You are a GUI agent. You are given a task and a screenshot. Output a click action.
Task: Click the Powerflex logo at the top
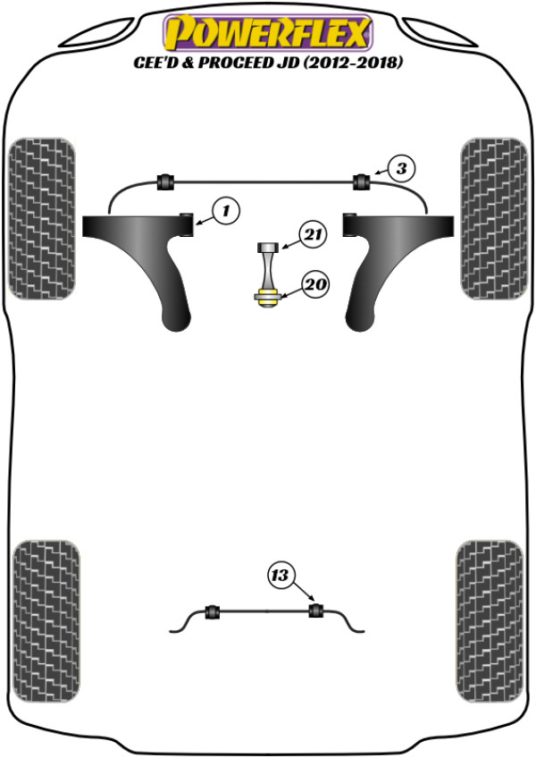click(268, 33)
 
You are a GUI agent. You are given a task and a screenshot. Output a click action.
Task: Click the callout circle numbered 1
click(226, 211)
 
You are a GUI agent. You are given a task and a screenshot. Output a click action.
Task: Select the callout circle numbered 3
click(401, 169)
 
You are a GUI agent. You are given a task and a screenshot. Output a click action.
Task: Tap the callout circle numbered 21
click(314, 234)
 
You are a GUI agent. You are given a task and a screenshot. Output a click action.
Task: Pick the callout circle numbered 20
click(315, 284)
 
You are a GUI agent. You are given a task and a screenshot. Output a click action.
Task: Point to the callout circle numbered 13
click(281, 576)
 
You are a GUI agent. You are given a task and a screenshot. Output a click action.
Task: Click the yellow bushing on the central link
click(267, 297)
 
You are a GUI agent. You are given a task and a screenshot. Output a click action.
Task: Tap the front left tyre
click(42, 218)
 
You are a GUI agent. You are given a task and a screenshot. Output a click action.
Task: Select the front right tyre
click(494, 218)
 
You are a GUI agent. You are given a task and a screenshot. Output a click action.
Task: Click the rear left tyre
click(46, 621)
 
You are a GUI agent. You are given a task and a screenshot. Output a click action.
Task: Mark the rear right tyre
click(490, 621)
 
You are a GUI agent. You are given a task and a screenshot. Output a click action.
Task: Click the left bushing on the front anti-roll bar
click(166, 181)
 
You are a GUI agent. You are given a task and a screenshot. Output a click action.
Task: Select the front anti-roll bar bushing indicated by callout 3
click(362, 181)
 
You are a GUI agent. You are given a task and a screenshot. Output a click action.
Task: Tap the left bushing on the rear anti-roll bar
click(213, 611)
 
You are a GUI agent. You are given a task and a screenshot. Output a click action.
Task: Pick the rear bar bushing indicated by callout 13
click(315, 611)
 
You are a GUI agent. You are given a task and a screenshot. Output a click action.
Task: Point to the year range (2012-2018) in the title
click(352, 63)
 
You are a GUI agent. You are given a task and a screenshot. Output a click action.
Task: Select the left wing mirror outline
click(98, 33)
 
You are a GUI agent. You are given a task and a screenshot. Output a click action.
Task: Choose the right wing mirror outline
click(439, 33)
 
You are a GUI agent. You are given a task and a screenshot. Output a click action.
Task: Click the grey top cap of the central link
click(267, 248)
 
